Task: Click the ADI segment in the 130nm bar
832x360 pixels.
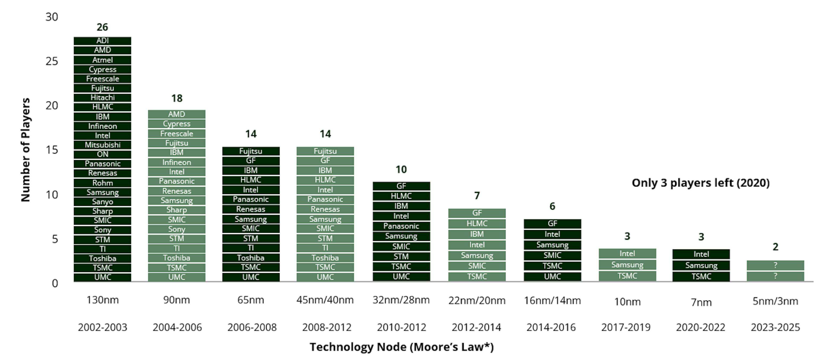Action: (102, 41)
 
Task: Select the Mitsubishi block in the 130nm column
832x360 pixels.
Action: (102, 145)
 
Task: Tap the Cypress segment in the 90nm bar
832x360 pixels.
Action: (177, 124)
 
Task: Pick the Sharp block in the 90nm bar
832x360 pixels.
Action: (177, 210)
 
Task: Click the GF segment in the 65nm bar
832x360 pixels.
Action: (251, 161)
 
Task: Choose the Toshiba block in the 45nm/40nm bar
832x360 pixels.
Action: (325, 258)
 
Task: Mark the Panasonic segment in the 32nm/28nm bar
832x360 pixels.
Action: (401, 226)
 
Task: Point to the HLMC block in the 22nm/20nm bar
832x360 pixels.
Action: (477, 223)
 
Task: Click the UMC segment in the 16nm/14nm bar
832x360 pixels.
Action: (552, 276)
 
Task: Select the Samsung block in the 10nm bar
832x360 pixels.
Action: (627, 265)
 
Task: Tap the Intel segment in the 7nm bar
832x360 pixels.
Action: (701, 254)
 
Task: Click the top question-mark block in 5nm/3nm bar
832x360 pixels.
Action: (775, 265)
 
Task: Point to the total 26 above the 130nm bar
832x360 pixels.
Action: (102, 27)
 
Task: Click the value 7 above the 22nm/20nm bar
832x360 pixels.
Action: (477, 196)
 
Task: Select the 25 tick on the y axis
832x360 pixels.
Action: (52, 61)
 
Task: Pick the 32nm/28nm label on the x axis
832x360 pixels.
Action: (401, 300)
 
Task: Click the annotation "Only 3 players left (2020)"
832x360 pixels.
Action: (700, 183)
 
